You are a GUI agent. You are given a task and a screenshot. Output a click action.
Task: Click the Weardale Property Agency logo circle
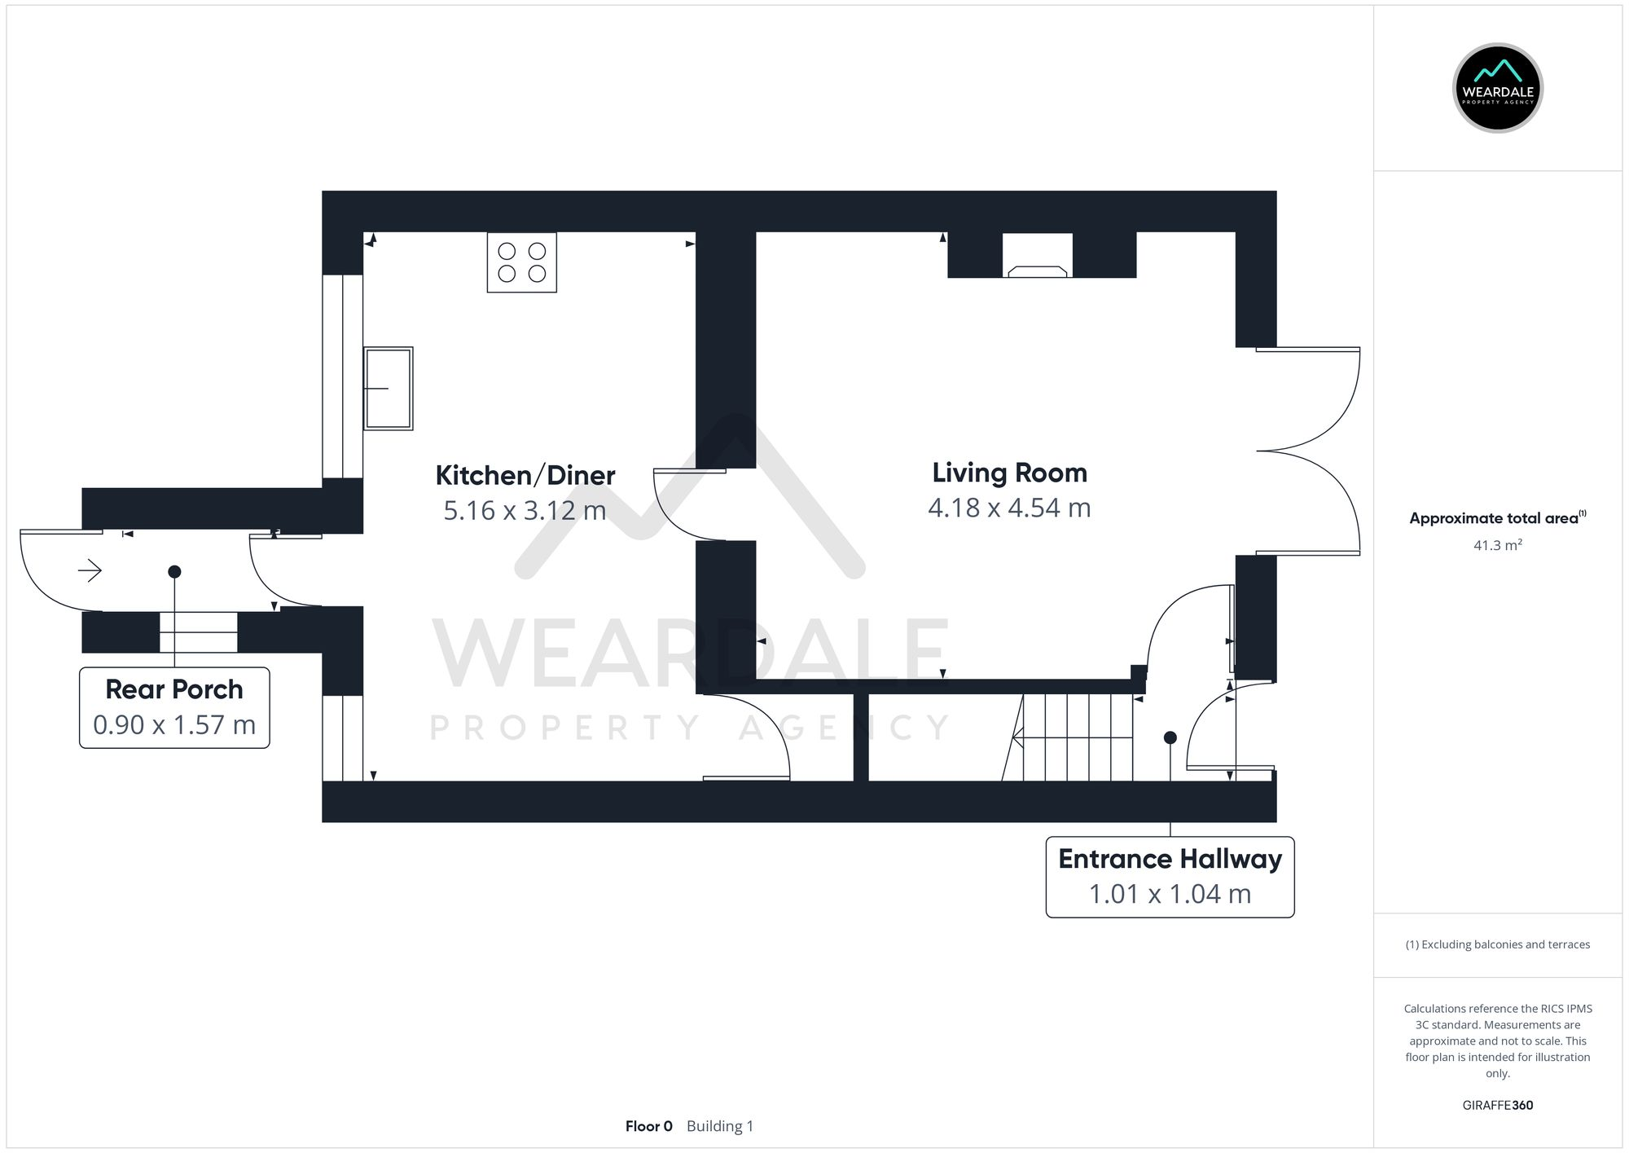(x=1497, y=88)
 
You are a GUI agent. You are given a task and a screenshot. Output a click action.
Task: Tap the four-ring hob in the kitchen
(x=521, y=262)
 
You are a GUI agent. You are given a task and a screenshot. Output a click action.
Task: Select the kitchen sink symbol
(x=389, y=389)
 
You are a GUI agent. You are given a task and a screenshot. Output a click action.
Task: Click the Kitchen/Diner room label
(x=525, y=475)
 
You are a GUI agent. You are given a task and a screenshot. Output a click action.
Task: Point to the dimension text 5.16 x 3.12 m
(x=525, y=511)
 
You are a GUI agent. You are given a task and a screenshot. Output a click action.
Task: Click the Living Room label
(x=1009, y=473)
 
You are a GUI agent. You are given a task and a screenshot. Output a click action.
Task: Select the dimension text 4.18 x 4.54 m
(x=1009, y=508)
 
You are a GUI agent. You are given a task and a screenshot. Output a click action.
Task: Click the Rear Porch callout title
(x=174, y=689)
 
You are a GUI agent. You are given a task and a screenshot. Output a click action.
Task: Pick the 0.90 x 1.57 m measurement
(x=174, y=724)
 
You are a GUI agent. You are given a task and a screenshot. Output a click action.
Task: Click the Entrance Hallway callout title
(x=1170, y=859)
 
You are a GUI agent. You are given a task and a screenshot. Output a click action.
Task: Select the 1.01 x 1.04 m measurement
(x=1170, y=894)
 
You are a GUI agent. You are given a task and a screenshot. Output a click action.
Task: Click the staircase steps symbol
(x=1075, y=737)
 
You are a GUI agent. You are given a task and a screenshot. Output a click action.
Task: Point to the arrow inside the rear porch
(x=90, y=571)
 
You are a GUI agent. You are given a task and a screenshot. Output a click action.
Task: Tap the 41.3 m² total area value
(x=1497, y=545)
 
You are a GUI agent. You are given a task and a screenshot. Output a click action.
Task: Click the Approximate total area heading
(x=1497, y=518)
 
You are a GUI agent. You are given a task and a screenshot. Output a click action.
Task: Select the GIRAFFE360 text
(x=1497, y=1106)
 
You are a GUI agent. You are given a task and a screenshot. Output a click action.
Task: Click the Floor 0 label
(x=648, y=1126)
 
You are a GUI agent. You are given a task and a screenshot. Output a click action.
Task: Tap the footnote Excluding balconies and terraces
(x=1497, y=944)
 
